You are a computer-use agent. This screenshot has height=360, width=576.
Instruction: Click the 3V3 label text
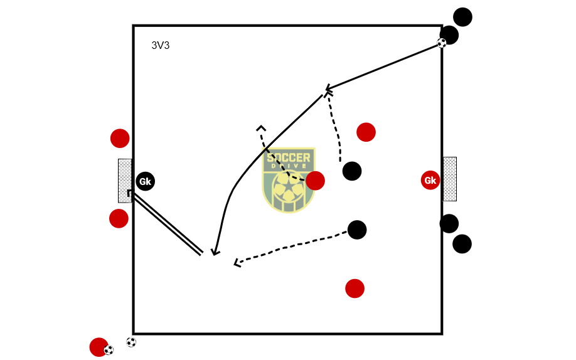tap(161, 46)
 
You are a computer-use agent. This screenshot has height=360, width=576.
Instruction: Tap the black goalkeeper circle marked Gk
tap(145, 181)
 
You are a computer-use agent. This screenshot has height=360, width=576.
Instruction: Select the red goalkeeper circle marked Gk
tap(430, 181)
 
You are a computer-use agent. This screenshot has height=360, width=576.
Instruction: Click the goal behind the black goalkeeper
tap(124, 181)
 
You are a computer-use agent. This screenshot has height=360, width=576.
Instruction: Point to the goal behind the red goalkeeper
tap(450, 179)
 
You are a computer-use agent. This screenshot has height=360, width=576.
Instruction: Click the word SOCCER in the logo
tap(288, 157)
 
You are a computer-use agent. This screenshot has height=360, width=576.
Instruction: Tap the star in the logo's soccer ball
tap(288, 187)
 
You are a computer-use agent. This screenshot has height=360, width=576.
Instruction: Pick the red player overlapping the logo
tap(315, 181)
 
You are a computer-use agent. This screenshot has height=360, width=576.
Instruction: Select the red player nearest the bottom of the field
tap(355, 289)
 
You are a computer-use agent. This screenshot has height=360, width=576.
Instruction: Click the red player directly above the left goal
tap(120, 138)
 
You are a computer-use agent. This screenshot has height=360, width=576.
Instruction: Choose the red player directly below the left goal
tap(119, 218)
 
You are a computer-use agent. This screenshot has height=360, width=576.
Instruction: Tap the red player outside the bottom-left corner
tap(99, 347)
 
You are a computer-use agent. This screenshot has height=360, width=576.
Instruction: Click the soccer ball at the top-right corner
tap(442, 43)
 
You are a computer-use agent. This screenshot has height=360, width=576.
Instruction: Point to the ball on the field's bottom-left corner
tap(131, 342)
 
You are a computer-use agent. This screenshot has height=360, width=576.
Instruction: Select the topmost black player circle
tap(462, 17)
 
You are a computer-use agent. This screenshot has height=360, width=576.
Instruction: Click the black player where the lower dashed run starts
tap(356, 230)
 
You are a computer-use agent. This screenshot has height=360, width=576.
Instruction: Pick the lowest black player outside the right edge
tap(462, 244)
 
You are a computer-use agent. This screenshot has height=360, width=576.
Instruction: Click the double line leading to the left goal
tap(168, 224)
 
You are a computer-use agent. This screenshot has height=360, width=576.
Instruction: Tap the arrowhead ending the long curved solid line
tap(215, 253)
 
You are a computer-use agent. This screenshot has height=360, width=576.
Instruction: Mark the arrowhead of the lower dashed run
tap(237, 263)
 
